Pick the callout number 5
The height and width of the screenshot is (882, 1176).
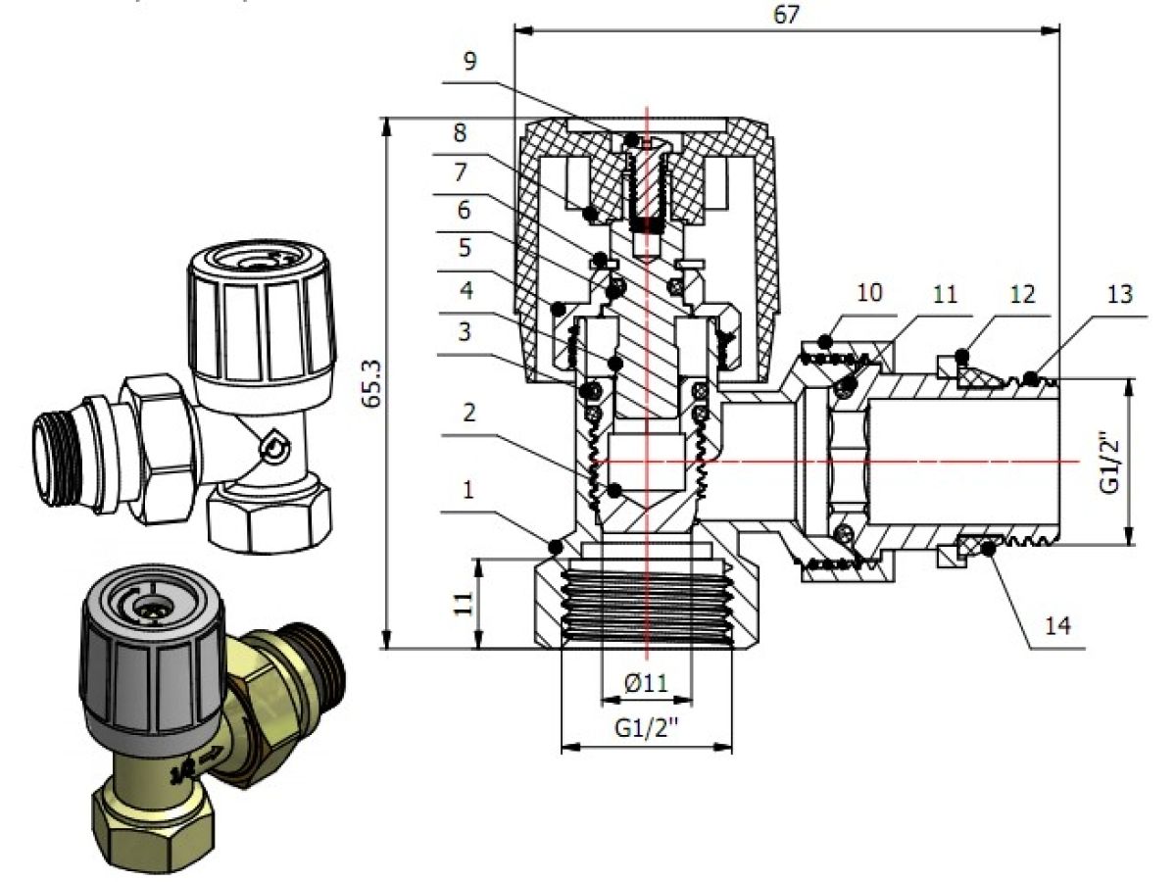pyautogui.click(x=464, y=249)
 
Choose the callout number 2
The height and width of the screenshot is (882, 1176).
pyautogui.click(x=469, y=414)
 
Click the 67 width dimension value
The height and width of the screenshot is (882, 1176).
pyautogui.click(x=786, y=15)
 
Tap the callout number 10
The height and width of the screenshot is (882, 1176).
pyautogui.click(x=869, y=293)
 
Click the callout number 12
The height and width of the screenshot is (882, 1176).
pyautogui.click(x=1022, y=294)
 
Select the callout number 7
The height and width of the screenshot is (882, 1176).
pyautogui.click(x=464, y=171)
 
